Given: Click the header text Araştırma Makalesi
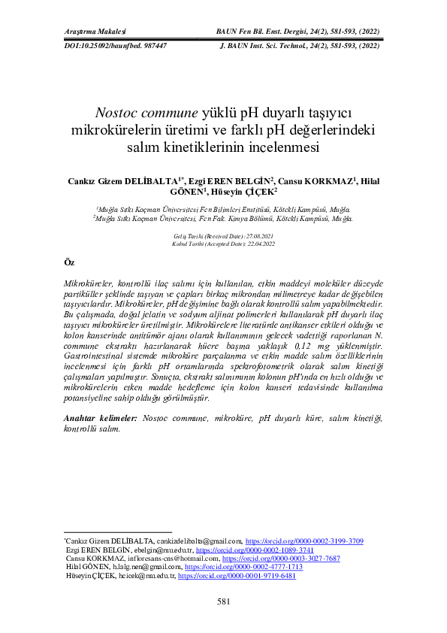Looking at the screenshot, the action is (93, 32).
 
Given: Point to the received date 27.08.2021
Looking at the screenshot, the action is (257, 236).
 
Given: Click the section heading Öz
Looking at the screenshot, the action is (69, 262).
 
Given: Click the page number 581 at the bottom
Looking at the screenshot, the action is (223, 602).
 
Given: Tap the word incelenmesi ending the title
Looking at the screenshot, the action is (286, 148).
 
